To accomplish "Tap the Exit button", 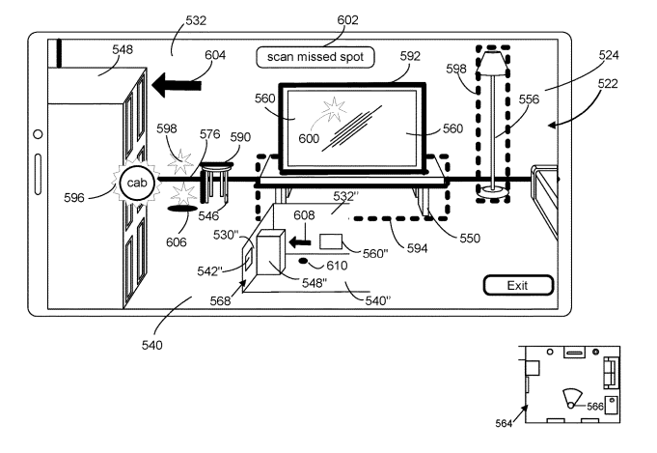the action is (x=518, y=285).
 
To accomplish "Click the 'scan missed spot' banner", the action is (x=315, y=57).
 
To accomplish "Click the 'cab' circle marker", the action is (x=137, y=183).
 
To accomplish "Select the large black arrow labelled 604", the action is (x=177, y=85).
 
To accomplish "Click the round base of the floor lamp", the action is (x=493, y=191).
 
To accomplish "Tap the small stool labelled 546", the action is (x=217, y=182).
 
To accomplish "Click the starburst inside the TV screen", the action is (x=334, y=109).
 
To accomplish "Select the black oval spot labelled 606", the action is (x=181, y=209).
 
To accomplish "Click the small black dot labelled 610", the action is (x=303, y=262).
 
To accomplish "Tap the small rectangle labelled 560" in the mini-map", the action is (x=331, y=242).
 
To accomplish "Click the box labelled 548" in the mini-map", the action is (x=270, y=253).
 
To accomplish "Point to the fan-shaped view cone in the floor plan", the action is (x=572, y=396).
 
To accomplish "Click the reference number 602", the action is (x=347, y=19).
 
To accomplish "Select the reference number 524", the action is (x=609, y=55).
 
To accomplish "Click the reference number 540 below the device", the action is (x=151, y=345).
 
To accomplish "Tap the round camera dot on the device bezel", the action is (x=38, y=134).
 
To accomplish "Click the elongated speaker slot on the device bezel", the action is (x=38, y=175).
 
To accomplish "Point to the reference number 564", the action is (x=504, y=424).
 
